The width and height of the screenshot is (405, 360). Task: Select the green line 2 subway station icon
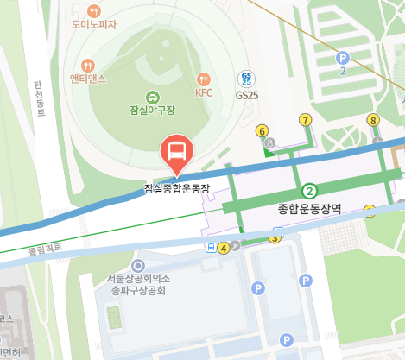coord(308,191)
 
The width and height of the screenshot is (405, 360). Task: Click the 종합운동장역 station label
coord(309,209)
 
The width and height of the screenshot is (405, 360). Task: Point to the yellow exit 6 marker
coord(263,131)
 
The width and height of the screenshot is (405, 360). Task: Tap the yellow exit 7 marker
coord(305,119)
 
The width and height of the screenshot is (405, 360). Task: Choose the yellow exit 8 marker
coord(373,120)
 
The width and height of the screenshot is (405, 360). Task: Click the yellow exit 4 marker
coord(224,248)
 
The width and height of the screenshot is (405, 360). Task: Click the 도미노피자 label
coord(94,24)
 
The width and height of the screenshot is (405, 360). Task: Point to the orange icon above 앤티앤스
coord(87,65)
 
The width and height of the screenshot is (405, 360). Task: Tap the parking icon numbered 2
coord(342,57)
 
